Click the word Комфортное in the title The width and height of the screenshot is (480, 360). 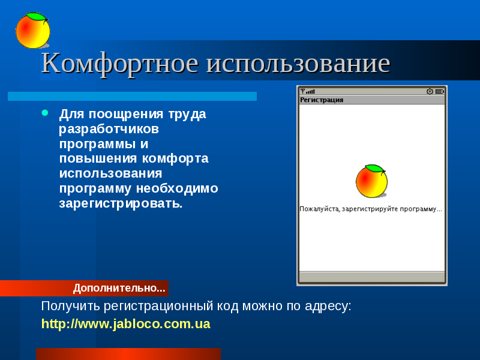click(120, 64)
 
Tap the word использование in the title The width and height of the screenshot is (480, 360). click(298, 64)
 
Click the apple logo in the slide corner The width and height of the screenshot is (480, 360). click(33, 31)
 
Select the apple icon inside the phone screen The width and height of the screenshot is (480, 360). click(371, 181)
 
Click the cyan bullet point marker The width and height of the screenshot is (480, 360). click(45, 113)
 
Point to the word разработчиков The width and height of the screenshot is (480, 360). click(109, 129)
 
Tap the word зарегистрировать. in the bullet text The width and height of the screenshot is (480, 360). click(121, 203)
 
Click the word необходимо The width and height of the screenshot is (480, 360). click(177, 188)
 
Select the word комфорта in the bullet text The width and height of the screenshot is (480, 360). click(175, 158)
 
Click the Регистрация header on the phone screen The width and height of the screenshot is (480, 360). click(322, 100)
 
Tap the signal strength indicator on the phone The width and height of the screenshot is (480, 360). click(308, 91)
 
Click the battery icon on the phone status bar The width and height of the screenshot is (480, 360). click(440, 91)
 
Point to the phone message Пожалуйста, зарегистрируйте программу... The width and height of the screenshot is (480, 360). click(371, 209)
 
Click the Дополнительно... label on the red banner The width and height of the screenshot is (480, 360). click(119, 288)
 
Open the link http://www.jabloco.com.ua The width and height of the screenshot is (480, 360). click(126, 324)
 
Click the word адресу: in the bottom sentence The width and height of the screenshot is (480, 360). click(328, 306)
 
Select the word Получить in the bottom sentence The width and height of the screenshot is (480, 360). click(70, 306)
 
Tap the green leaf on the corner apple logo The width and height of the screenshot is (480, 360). click(37, 17)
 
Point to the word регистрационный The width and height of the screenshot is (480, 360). click(158, 306)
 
